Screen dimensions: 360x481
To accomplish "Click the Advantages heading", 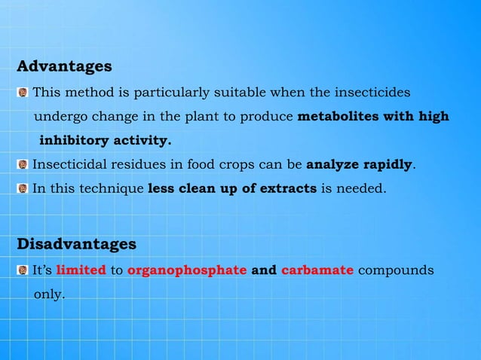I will (64, 67).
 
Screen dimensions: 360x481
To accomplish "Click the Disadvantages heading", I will (76, 245).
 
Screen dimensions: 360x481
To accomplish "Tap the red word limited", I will (81, 270).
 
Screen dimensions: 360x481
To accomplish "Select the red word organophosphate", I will (188, 270).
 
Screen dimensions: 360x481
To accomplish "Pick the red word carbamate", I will (317, 270).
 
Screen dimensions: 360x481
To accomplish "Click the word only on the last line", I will (49, 294).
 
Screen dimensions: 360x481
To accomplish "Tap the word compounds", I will (396, 270).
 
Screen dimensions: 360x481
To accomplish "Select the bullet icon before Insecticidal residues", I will (23, 164).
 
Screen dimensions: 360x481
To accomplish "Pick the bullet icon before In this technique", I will (23, 188).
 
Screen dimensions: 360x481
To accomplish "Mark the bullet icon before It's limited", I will (23, 270).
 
